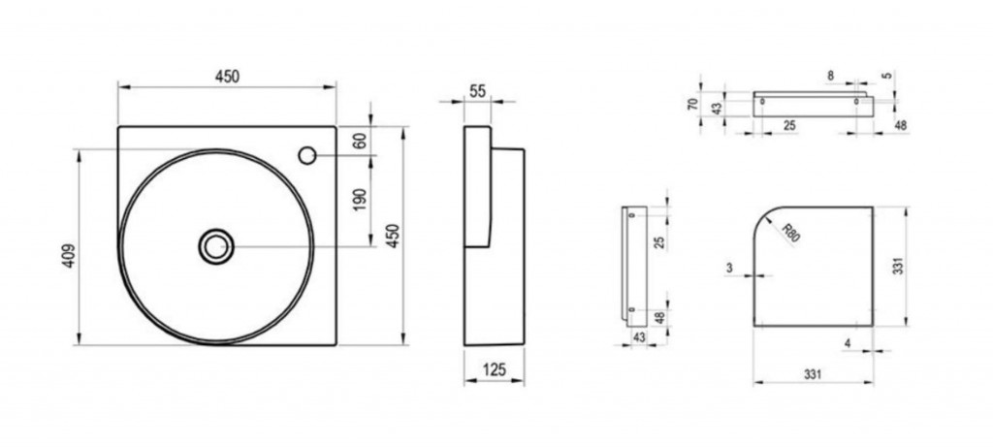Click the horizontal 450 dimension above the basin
pos(227,77)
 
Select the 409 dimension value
pos(69,256)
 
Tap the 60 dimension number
pos(360,141)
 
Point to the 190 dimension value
pos(360,200)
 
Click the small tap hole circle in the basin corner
pos(307,155)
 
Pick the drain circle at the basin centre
pos(216,246)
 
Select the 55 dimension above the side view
pos(477,91)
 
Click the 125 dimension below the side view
pos(494,369)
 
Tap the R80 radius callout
pos(791,233)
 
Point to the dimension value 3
pos(729,269)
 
